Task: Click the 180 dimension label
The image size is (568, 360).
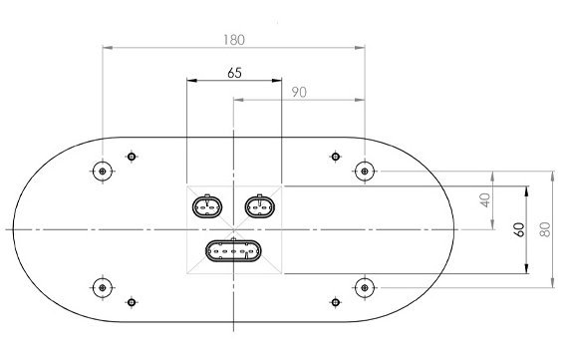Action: point(234,40)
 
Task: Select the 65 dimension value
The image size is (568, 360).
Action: point(234,73)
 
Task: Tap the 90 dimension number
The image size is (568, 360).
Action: point(299,93)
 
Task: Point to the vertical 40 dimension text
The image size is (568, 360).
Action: point(485,200)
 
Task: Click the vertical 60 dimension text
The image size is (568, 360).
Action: point(519,229)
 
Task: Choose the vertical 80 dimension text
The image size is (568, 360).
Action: point(545,229)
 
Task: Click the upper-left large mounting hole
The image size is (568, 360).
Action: point(103,172)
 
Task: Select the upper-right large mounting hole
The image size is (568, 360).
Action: point(365,172)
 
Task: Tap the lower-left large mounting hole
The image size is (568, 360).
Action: point(103,288)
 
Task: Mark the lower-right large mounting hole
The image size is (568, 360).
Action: point(365,288)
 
